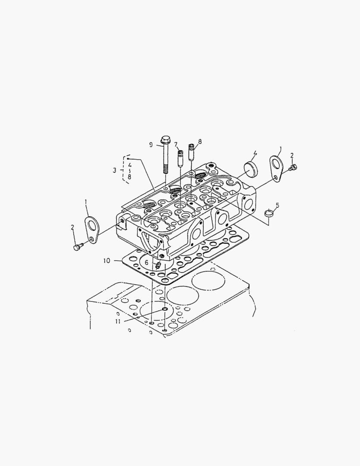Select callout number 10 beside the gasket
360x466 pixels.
click(x=107, y=261)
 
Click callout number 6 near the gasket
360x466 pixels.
click(x=147, y=262)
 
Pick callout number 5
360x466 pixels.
click(x=277, y=205)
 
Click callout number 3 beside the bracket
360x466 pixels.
click(x=115, y=170)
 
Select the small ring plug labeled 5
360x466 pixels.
click(x=269, y=213)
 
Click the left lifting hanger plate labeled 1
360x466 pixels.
click(x=91, y=227)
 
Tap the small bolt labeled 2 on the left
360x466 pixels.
click(x=78, y=247)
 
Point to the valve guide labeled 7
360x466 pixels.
click(x=179, y=158)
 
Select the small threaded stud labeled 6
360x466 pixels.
click(x=159, y=264)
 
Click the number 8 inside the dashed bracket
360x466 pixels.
click(x=129, y=176)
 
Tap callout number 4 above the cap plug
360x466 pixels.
click(x=255, y=153)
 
